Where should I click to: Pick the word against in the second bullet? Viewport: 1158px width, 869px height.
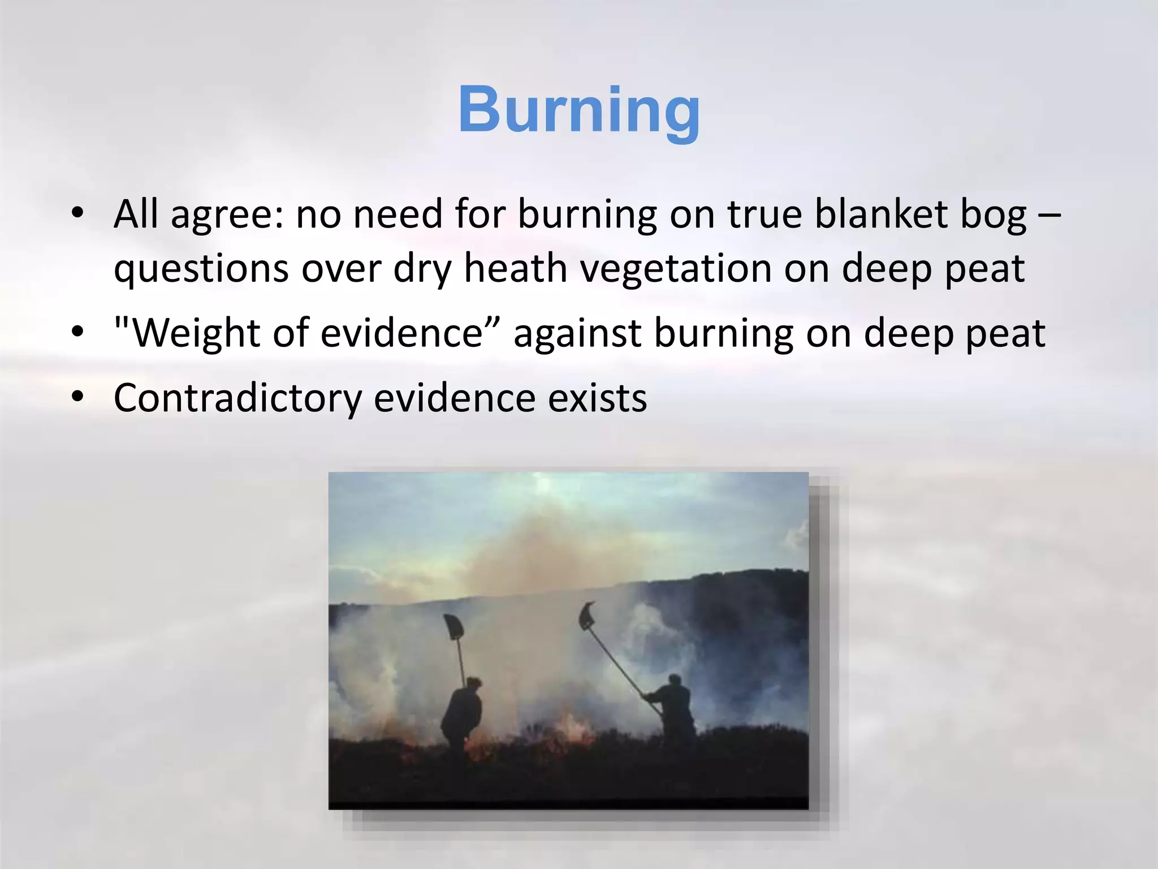click(577, 333)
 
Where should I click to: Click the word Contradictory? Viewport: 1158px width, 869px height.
click(237, 398)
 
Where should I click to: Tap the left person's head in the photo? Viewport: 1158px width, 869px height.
click(473, 685)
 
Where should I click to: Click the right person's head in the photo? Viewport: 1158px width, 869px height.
click(674, 681)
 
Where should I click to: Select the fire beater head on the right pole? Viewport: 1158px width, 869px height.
click(587, 616)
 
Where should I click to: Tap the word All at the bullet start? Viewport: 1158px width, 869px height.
click(136, 215)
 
